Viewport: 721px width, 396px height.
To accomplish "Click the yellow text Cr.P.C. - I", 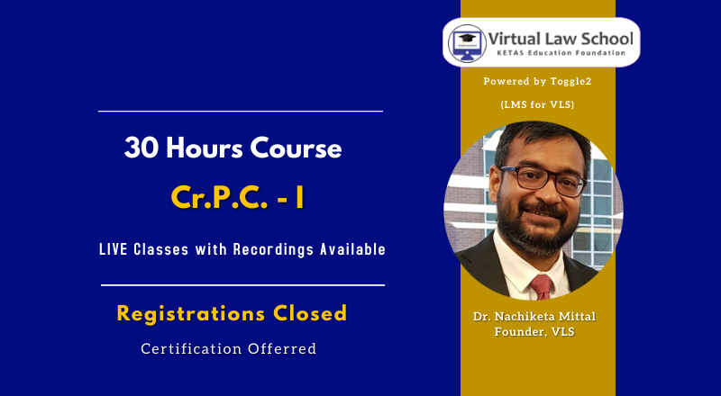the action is [x=237, y=198].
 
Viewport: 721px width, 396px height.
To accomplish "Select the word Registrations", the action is [x=191, y=314].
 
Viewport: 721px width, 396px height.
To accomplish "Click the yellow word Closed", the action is [x=310, y=313].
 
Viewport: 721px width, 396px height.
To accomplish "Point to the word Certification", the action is [x=192, y=348].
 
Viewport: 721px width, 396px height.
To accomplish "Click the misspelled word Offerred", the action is [x=282, y=348].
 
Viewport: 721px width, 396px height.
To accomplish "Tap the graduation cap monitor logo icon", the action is [x=467, y=42].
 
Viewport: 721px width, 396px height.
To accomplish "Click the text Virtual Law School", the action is [x=561, y=38].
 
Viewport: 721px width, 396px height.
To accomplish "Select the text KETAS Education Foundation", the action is [x=561, y=53].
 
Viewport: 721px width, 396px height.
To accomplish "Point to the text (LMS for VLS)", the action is [x=537, y=104].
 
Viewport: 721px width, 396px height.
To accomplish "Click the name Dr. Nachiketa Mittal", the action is [x=534, y=317].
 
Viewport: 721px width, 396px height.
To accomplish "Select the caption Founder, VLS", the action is [x=534, y=331].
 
